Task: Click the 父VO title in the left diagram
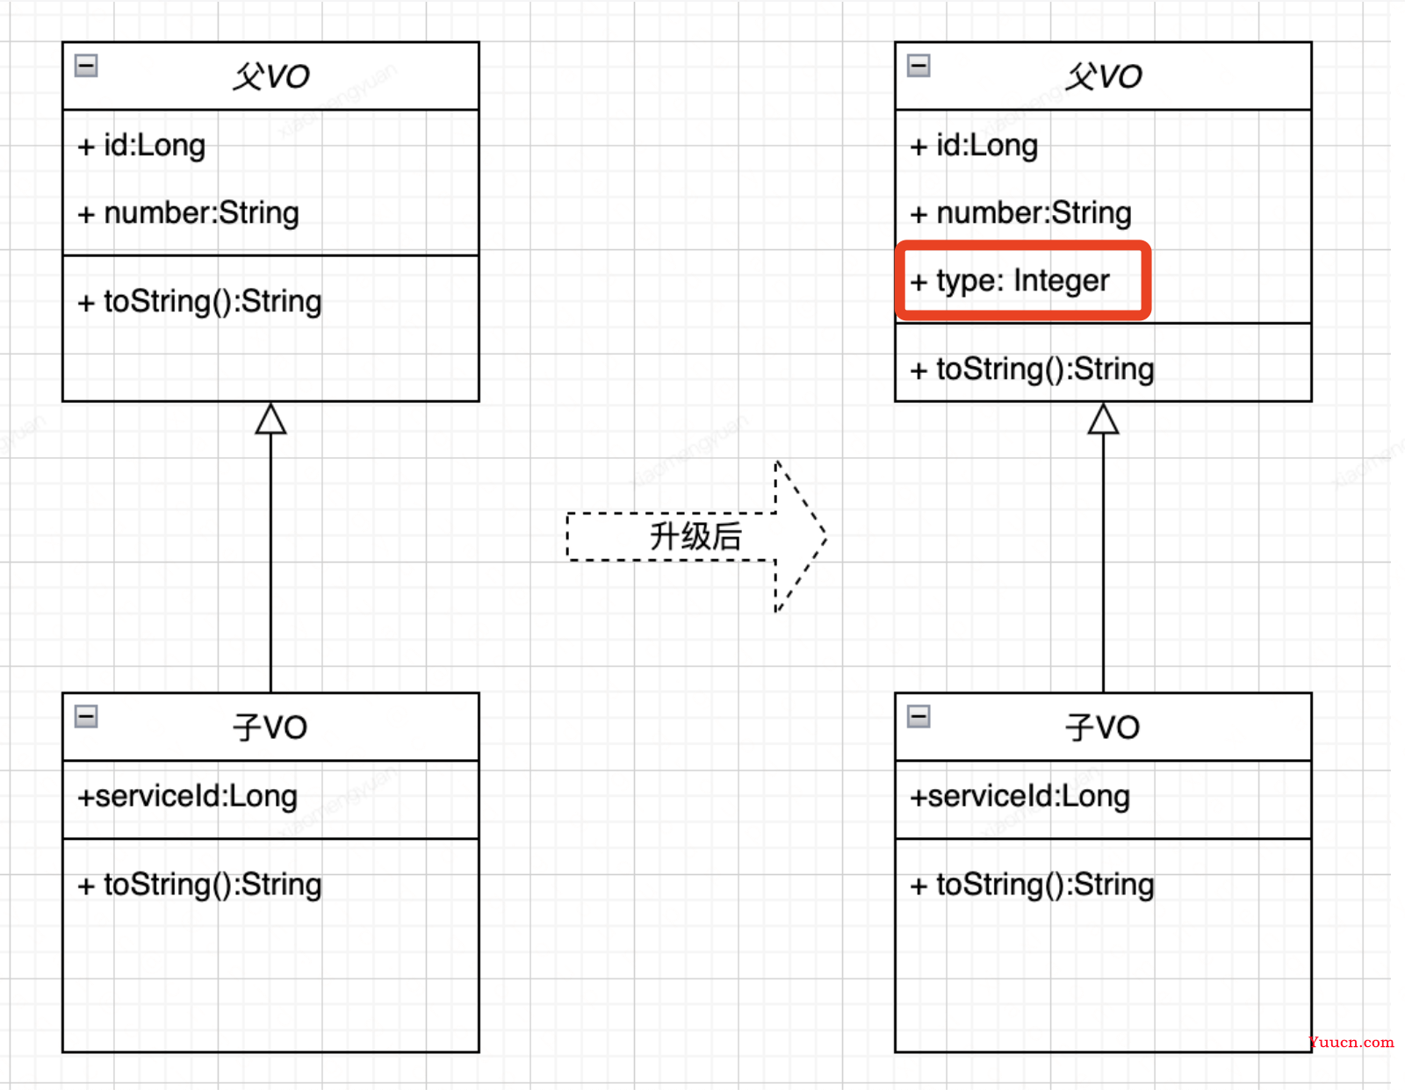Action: (x=271, y=77)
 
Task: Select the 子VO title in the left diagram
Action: (x=270, y=728)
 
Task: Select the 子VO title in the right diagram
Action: (x=1102, y=728)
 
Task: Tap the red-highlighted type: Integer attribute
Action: (x=1009, y=281)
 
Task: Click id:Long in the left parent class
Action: (x=141, y=146)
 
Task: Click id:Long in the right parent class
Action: (x=974, y=146)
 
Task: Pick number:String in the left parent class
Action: (x=188, y=214)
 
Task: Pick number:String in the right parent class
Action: (x=1020, y=214)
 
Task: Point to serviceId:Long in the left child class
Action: (x=188, y=797)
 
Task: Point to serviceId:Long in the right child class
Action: (x=1020, y=797)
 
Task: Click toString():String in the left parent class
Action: (x=199, y=303)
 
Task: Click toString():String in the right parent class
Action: (x=1031, y=369)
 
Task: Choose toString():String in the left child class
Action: (x=199, y=886)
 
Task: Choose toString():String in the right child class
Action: (x=1031, y=886)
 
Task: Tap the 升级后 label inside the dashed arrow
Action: (x=695, y=537)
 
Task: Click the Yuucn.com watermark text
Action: (x=1351, y=1043)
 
